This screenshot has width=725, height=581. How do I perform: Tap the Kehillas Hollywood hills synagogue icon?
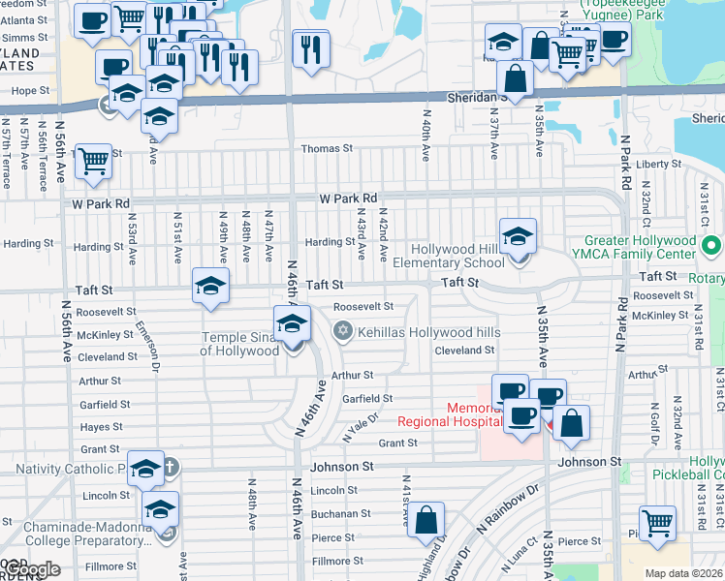pyautogui.click(x=340, y=332)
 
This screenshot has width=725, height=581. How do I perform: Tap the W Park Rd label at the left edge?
pyautogui.click(x=101, y=204)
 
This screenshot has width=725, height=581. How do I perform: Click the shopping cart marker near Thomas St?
pyautogui.click(x=94, y=161)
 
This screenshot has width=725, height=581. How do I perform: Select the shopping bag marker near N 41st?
pyautogui.click(x=426, y=520)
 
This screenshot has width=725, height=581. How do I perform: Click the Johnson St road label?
pyautogui.click(x=342, y=467)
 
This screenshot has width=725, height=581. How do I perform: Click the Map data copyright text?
pyautogui.click(x=684, y=573)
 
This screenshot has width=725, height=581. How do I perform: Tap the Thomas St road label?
pyautogui.click(x=327, y=149)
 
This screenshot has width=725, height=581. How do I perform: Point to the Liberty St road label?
pyautogui.click(x=653, y=165)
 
